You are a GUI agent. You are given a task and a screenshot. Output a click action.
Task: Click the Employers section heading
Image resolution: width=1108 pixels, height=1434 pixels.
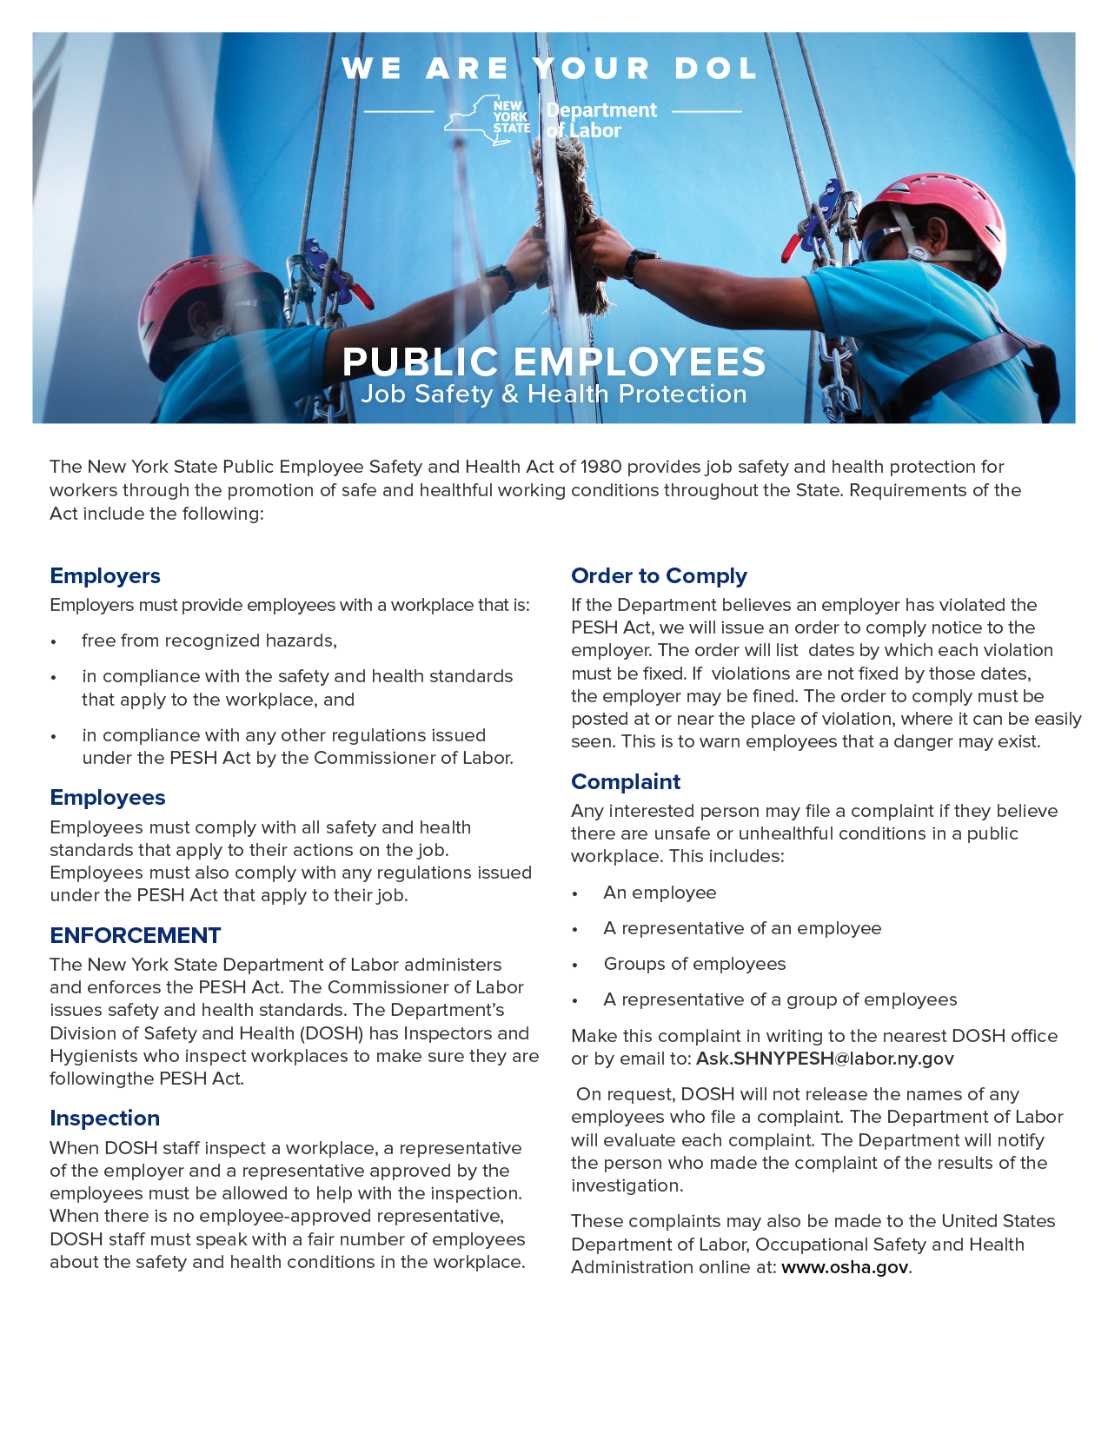pyautogui.click(x=105, y=576)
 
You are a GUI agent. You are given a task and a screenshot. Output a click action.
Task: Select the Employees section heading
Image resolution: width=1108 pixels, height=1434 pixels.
pyautogui.click(x=108, y=798)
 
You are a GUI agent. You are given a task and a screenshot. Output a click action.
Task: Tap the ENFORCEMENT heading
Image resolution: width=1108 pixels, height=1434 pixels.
pyautogui.click(x=136, y=935)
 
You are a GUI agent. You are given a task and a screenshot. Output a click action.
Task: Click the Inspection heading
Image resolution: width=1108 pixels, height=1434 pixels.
pyautogui.click(x=105, y=1119)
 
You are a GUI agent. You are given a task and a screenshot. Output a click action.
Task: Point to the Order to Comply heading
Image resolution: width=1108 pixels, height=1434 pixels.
pyautogui.click(x=659, y=576)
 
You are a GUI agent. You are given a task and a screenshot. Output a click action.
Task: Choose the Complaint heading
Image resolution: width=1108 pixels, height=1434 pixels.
pyautogui.click(x=626, y=782)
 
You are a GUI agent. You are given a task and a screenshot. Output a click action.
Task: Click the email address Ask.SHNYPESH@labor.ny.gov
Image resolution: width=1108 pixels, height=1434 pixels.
pyautogui.click(x=825, y=1059)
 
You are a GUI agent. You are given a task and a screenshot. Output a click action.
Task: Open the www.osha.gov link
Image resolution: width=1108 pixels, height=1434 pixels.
pyautogui.click(x=845, y=1267)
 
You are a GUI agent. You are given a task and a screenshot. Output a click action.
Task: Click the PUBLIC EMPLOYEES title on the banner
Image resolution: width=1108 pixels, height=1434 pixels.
pyautogui.click(x=554, y=362)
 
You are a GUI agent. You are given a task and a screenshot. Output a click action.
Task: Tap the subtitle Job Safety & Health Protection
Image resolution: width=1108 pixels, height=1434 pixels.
pyautogui.click(x=554, y=395)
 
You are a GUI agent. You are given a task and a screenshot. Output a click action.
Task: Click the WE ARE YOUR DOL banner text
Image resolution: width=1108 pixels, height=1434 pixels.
pyautogui.click(x=550, y=69)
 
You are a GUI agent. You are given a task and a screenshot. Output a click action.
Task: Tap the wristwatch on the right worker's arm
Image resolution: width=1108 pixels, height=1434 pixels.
pyautogui.click(x=641, y=261)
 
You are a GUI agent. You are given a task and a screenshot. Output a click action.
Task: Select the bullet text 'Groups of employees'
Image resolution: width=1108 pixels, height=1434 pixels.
pyautogui.click(x=694, y=964)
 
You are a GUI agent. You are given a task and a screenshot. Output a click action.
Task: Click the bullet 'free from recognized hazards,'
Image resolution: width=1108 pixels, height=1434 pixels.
pyautogui.click(x=209, y=641)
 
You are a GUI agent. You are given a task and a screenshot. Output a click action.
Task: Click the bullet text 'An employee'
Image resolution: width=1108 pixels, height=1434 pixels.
pyautogui.click(x=660, y=893)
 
